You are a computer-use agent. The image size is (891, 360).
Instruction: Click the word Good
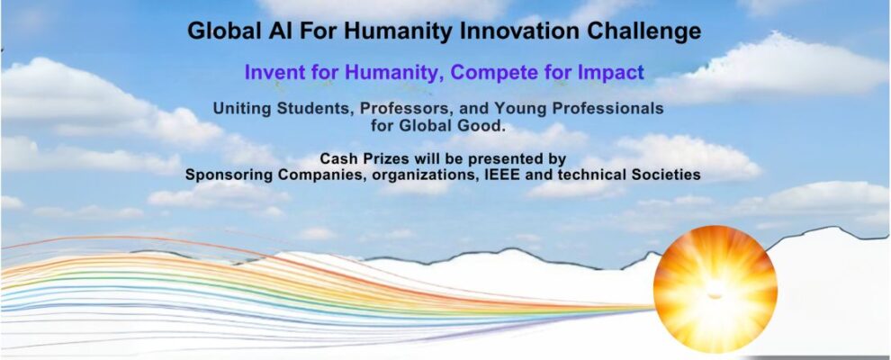[x=482, y=126]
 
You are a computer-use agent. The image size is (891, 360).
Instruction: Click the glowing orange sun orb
[x=715, y=289]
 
